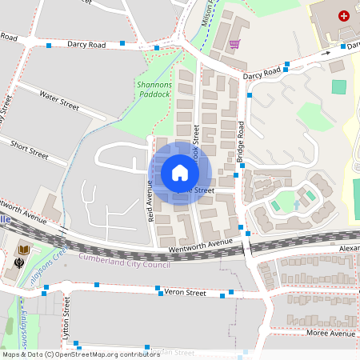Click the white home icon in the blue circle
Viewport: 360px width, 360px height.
tap(180, 172)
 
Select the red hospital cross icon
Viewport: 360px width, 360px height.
tap(344, 15)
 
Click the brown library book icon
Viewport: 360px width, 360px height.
tap(24, 251)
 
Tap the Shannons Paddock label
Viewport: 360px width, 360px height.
tap(154, 90)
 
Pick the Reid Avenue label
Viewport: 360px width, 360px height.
tap(150, 200)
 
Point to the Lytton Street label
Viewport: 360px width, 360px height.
tap(67, 326)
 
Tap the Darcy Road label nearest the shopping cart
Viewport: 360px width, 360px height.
tap(262, 72)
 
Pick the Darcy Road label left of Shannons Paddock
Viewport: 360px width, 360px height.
tap(86, 45)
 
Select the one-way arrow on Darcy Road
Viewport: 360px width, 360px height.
tap(326, 53)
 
